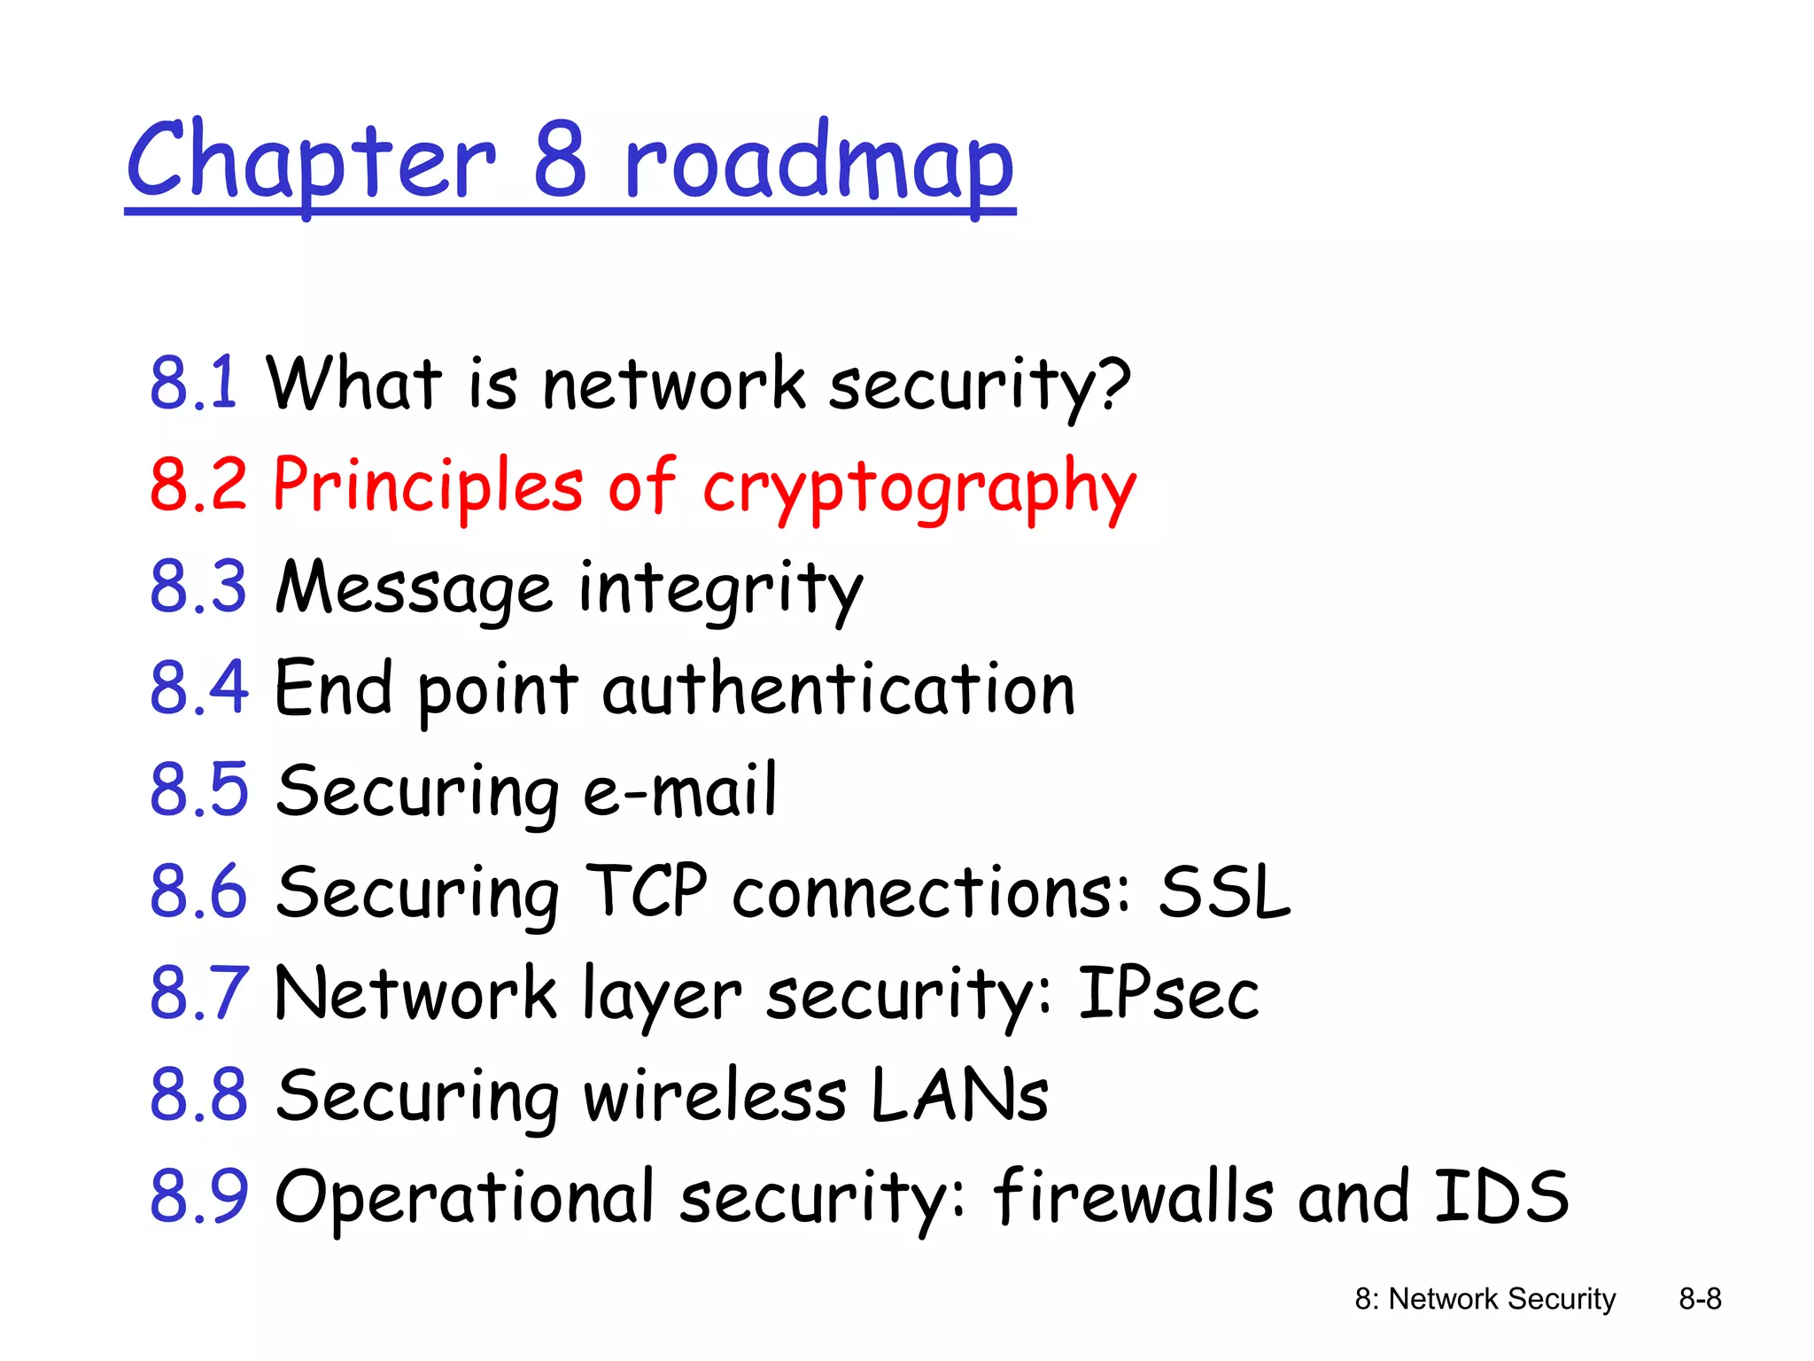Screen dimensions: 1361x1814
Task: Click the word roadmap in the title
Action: tap(818, 164)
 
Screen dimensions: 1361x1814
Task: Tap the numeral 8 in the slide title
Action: tap(561, 159)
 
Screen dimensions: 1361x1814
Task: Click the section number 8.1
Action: tap(193, 383)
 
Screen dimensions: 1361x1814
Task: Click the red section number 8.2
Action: tap(198, 485)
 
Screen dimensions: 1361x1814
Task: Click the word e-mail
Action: tap(680, 790)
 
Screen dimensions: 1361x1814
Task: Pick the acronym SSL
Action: tap(1225, 892)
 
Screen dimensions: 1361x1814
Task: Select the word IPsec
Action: tap(1167, 993)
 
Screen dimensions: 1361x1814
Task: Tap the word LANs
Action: tap(959, 1095)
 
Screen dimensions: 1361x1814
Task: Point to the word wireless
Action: tap(714, 1095)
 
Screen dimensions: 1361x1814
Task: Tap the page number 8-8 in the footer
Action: tap(1700, 1299)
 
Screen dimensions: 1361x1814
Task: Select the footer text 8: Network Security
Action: tap(1485, 1299)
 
